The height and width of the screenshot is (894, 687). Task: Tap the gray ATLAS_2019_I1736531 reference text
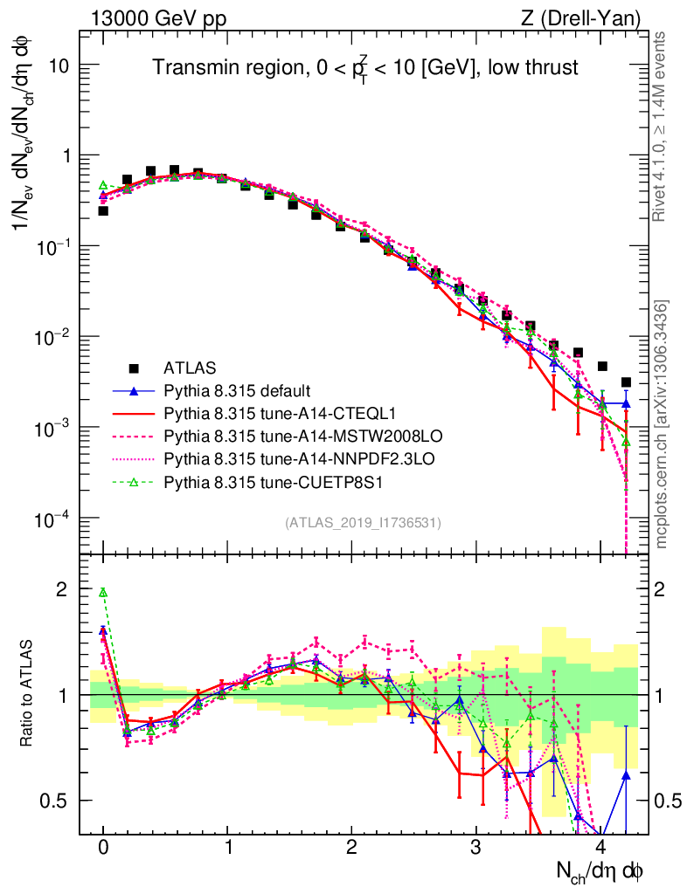point(363,523)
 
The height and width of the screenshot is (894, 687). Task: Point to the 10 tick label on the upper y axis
point(57,66)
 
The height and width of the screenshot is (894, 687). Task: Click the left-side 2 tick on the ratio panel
point(61,589)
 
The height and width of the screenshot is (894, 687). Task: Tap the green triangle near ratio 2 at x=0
point(103,593)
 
